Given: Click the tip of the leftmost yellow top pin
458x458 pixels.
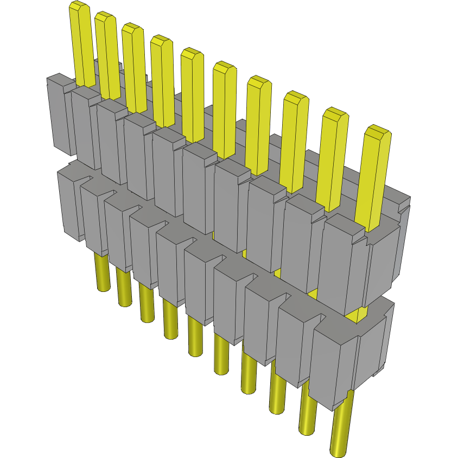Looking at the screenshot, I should coord(79,7).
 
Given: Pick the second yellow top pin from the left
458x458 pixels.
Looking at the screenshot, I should coord(107,54).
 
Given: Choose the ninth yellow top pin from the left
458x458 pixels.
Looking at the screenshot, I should coord(334,157).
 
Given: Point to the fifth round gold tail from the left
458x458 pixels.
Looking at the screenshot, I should coord(196,336).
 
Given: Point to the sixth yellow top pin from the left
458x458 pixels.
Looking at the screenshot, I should coord(224,109).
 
